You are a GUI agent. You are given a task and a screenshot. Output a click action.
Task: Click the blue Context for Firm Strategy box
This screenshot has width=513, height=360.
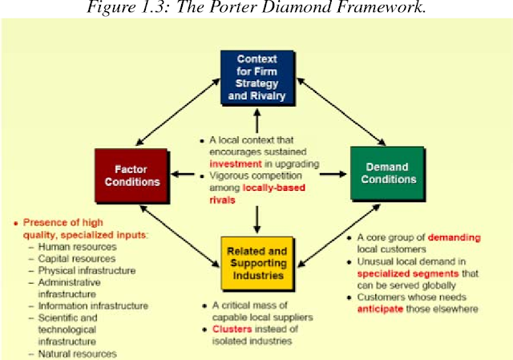click(257, 78)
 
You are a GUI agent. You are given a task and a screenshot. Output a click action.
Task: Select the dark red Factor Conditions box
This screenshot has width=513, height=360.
click(131, 176)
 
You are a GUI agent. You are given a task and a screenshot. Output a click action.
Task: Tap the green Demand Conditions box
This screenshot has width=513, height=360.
click(387, 173)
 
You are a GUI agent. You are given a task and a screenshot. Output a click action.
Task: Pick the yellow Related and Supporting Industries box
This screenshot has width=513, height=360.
click(257, 264)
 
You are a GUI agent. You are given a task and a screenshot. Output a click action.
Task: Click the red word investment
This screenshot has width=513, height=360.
click(236, 164)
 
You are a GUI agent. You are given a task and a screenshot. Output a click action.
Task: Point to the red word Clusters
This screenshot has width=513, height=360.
click(232, 329)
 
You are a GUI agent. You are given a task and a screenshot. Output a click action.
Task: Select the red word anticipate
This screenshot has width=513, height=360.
click(380, 309)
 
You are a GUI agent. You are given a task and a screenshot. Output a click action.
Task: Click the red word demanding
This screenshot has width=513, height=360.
click(454, 237)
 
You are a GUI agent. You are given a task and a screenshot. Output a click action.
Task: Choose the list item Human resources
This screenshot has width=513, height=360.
click(77, 247)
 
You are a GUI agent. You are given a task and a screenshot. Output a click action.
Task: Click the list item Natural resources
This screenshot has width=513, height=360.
click(77, 354)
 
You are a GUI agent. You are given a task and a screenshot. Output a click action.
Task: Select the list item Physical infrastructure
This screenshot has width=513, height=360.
click(87, 271)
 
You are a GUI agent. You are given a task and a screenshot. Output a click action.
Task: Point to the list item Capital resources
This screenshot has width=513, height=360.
click(77, 258)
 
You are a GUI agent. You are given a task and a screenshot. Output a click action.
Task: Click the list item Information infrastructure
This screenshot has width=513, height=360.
click(93, 306)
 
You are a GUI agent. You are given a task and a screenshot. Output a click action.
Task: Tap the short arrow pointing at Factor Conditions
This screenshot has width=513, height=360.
click(183, 174)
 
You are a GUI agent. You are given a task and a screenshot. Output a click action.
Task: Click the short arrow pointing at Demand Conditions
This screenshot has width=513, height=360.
click(333, 174)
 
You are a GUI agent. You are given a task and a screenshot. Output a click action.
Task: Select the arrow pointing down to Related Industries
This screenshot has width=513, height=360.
click(257, 219)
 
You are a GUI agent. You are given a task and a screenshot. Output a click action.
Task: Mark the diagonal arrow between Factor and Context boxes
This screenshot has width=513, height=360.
click(178, 111)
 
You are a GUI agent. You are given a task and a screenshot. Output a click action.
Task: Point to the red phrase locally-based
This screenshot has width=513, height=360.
click(274, 188)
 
